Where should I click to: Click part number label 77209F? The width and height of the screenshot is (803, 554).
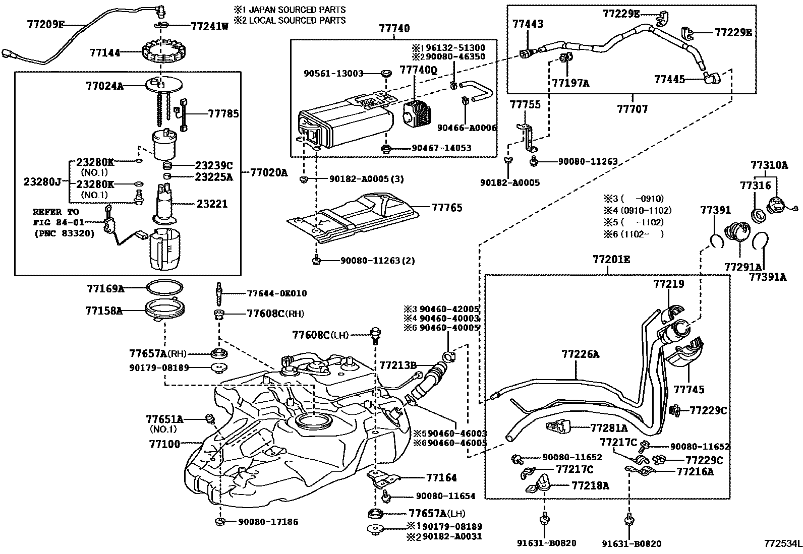pos(46,24)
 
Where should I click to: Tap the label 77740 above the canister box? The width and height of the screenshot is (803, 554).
pos(394,28)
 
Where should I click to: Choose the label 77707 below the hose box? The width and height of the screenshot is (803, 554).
pos(633,108)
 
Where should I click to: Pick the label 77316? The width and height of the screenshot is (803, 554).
pos(755,186)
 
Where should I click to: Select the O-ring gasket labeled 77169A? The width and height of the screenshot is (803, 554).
pos(164,287)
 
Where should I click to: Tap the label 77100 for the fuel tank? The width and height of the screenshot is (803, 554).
pos(164,444)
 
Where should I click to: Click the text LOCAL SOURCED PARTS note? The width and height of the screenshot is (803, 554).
pos(297,20)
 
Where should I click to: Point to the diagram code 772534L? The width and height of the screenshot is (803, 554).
pos(783,543)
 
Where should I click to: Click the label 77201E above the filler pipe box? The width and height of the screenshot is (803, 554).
pos(611,259)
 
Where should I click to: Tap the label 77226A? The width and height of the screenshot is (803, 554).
pos(581,354)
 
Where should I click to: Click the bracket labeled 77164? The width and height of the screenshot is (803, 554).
pos(383,478)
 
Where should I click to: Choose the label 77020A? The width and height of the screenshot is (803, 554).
pos(269,173)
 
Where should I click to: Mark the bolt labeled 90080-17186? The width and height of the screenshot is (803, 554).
pos(220,521)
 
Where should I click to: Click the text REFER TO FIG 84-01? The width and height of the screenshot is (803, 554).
pos(59,217)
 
